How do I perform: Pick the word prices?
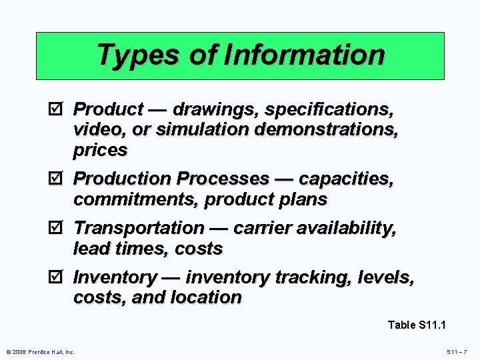(x=100, y=150)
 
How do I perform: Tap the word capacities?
(x=346, y=179)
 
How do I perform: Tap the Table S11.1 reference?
(x=417, y=325)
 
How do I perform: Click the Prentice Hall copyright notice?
(x=41, y=351)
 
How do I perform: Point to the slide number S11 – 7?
(x=457, y=351)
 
